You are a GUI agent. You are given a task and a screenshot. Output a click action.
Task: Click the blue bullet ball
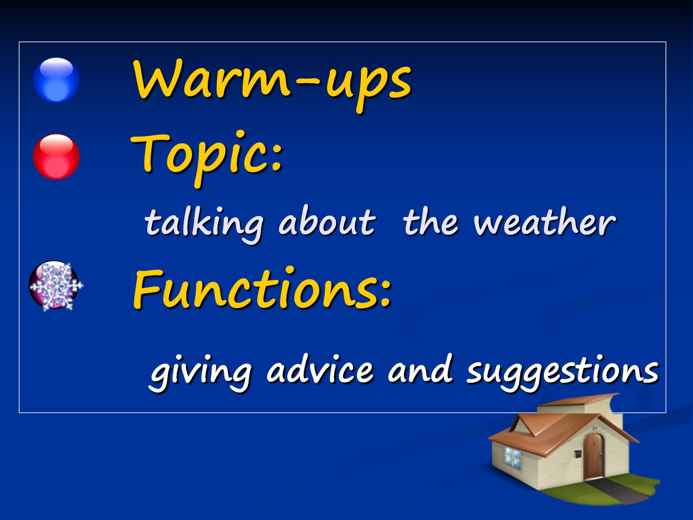[x=56, y=80]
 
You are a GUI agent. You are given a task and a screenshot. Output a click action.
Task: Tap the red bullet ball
[x=56, y=156]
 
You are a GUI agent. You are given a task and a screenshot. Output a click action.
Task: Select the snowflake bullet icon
[x=56, y=286]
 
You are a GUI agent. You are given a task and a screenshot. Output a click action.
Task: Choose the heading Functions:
[x=262, y=289]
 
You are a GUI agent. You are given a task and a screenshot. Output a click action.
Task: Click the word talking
[x=204, y=224]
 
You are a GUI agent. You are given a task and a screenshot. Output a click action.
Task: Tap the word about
[x=327, y=221]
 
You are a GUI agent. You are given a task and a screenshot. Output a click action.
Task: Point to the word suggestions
[x=563, y=373]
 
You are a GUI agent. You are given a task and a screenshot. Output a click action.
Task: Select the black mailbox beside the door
[x=577, y=453]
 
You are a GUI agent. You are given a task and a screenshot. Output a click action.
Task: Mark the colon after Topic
[x=277, y=157]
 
